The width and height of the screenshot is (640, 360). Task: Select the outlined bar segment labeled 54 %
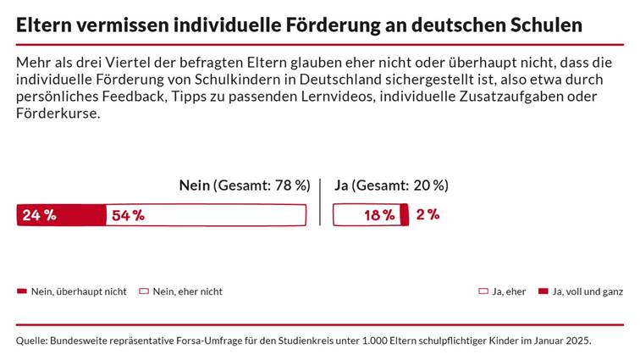[206, 215]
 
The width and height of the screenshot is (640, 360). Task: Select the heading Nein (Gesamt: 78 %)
[244, 186]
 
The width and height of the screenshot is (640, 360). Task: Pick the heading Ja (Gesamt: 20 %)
[391, 186]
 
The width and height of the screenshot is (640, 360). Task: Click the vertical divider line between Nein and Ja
[320, 202]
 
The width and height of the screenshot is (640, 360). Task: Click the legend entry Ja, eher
[502, 291]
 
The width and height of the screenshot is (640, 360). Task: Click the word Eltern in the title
[46, 25]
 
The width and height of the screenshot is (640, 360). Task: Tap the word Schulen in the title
[547, 25]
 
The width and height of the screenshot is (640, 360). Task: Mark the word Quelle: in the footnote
[32, 341]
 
